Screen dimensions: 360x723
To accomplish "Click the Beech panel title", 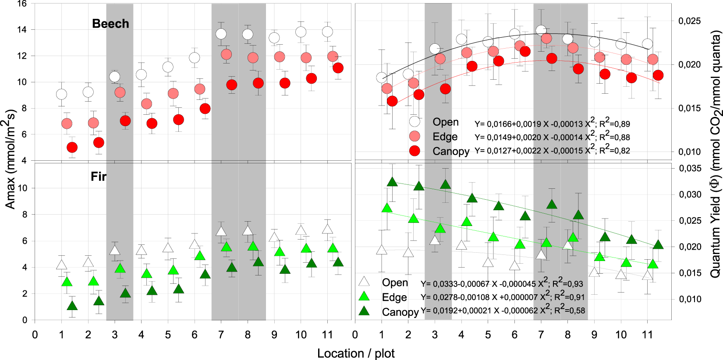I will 110,24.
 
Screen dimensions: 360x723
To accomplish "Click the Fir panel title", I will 99,176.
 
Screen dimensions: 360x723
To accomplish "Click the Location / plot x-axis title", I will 356,353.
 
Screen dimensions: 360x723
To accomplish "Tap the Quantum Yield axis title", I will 715,153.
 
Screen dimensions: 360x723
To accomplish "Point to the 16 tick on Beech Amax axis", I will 22,4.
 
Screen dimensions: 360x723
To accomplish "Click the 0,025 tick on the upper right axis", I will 689,21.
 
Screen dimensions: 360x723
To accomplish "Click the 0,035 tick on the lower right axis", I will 690,169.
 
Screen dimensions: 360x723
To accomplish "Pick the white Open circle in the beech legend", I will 415,121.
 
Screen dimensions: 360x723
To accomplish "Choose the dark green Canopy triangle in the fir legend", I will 364,311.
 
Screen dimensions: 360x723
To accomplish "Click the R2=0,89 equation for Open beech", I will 552,124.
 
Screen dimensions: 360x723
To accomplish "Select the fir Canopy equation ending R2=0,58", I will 503,310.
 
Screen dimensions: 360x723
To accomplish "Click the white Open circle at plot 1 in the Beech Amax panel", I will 62,94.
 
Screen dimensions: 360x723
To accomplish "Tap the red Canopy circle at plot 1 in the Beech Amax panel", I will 72,148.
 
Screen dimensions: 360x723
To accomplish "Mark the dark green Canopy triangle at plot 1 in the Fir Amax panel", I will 72,306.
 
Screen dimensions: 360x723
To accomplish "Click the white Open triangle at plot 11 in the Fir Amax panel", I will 327,229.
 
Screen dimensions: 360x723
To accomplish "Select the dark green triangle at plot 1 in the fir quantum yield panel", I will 392,182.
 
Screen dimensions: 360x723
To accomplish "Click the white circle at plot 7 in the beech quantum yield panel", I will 541,30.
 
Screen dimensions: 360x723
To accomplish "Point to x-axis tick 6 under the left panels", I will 195,335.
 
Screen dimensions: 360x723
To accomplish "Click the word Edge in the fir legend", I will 394,297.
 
